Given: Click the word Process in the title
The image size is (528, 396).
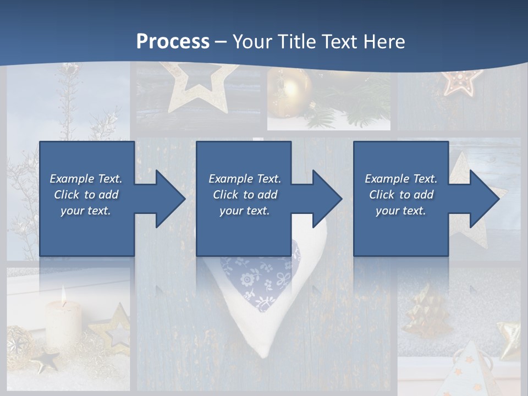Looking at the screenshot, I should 173,41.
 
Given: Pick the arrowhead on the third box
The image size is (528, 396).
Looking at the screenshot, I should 483,199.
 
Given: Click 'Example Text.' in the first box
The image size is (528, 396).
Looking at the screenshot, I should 86,179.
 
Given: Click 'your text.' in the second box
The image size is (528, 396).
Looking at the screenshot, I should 245,211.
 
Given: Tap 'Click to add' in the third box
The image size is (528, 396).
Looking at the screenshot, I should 402,195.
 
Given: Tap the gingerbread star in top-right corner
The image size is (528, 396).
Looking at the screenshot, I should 462,81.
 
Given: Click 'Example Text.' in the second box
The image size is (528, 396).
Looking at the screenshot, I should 245,179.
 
